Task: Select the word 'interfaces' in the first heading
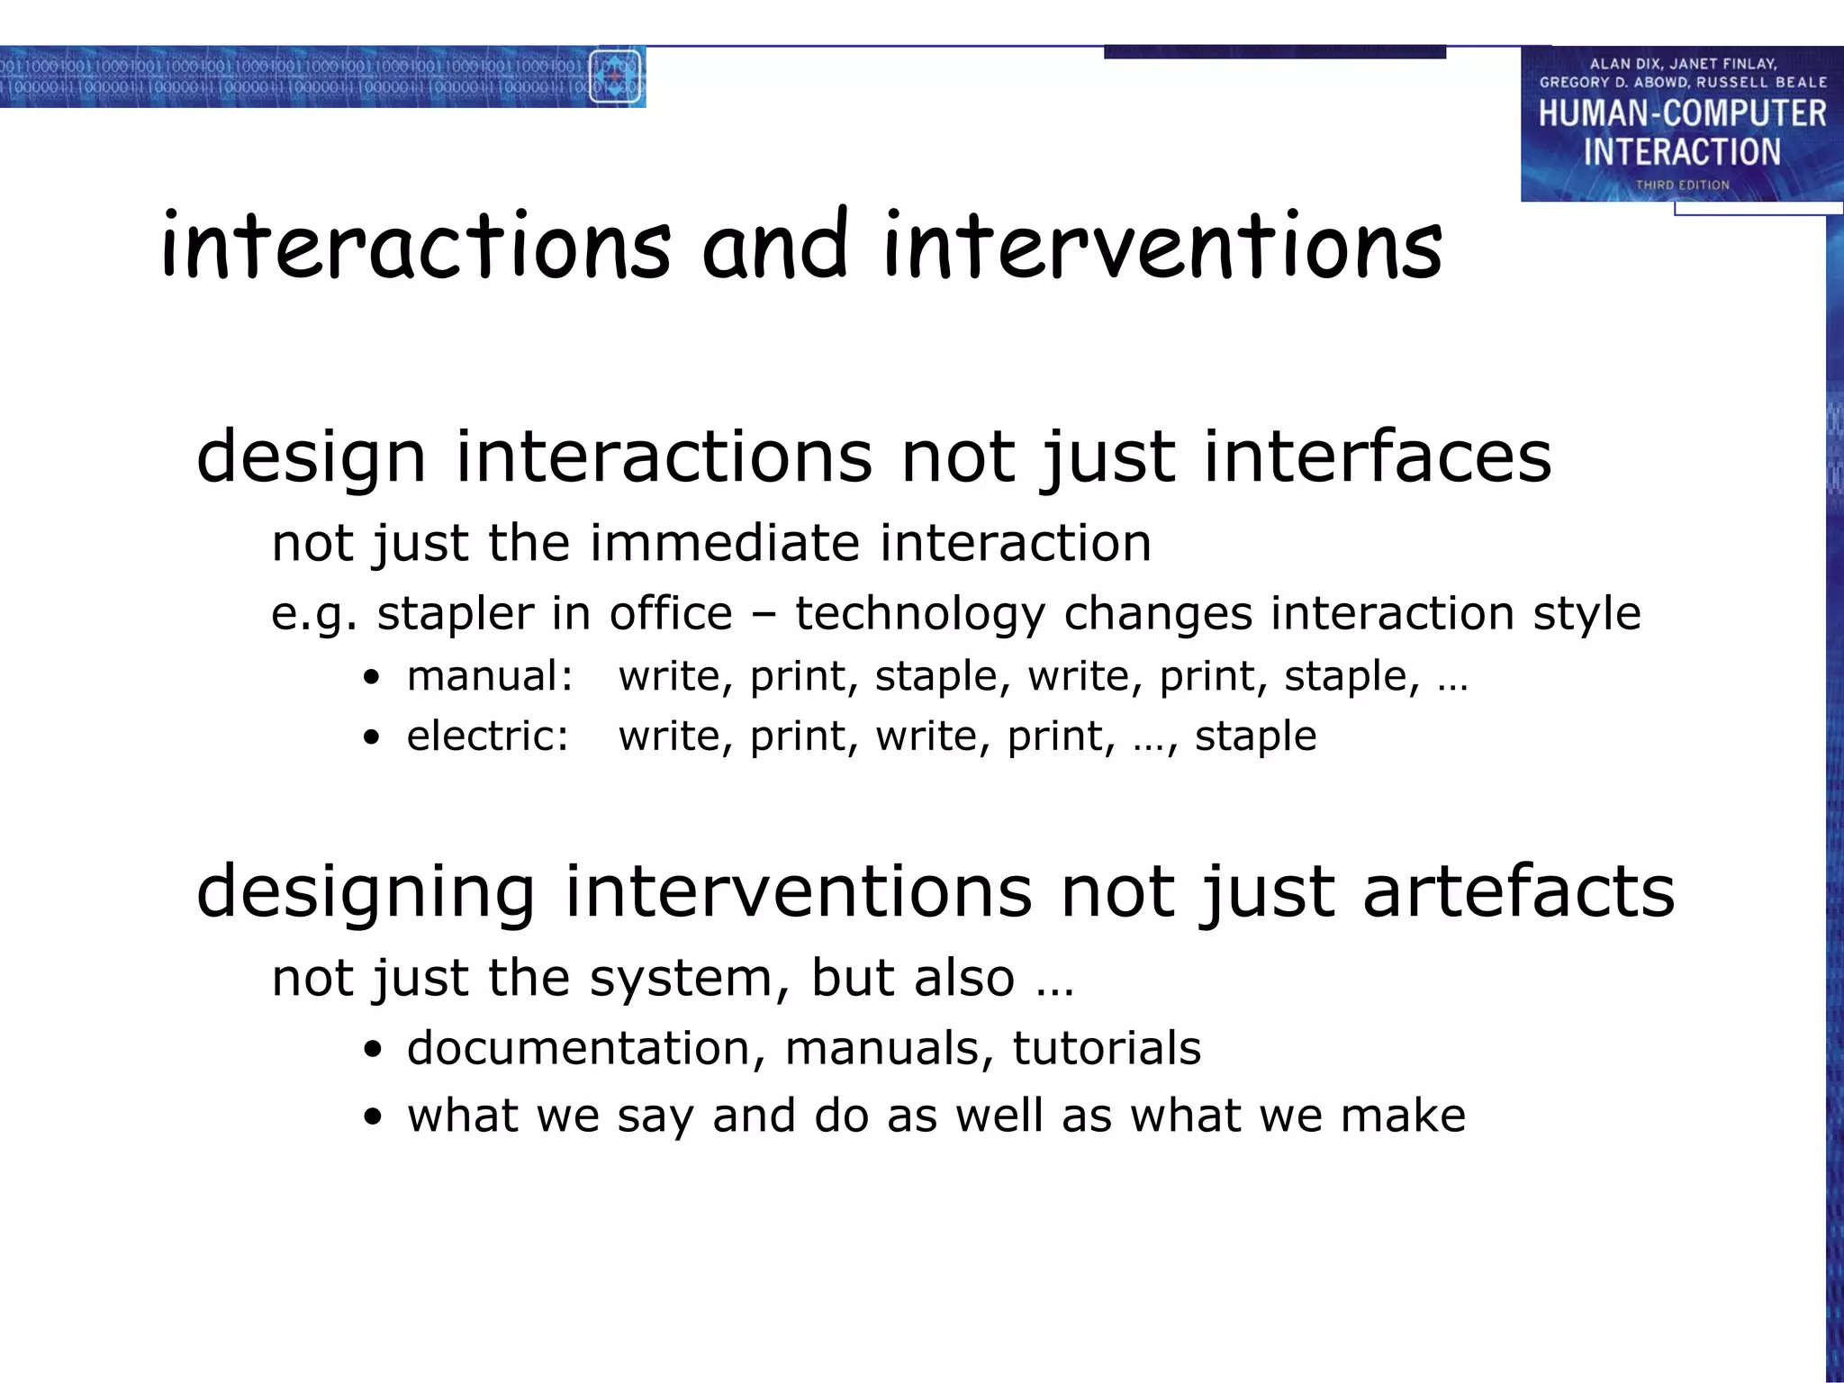point(1378,456)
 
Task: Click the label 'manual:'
point(490,676)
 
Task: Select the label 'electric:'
point(487,737)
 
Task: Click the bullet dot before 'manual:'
point(372,678)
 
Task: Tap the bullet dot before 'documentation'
point(372,1050)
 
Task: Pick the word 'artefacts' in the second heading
point(1518,890)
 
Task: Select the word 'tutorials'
point(1107,1048)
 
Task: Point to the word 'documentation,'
point(586,1048)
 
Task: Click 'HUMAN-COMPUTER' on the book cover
point(1682,113)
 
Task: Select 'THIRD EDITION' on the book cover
point(1682,185)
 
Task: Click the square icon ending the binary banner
point(615,77)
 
